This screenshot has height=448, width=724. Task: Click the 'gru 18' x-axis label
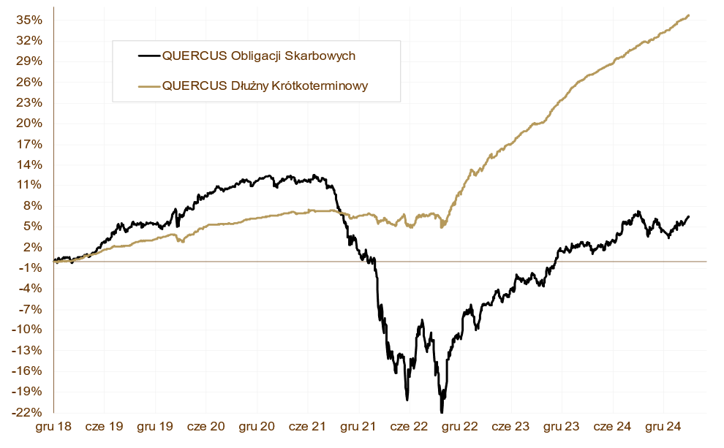(53, 425)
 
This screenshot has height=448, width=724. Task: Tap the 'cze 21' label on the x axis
(308, 425)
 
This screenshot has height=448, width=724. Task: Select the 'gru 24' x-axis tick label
(663, 425)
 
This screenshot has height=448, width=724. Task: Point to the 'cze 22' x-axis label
(410, 425)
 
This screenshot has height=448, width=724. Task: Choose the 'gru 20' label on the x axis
(257, 425)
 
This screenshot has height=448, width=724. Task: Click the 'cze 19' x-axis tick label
(104, 425)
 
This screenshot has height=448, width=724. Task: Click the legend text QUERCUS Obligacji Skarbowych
(259, 56)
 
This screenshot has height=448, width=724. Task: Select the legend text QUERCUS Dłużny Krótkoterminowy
(265, 86)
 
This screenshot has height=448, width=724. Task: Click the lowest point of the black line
(442, 411)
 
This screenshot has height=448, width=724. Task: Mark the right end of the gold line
(689, 15)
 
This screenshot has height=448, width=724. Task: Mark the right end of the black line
(689, 216)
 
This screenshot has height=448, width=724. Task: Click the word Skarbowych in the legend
(320, 56)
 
